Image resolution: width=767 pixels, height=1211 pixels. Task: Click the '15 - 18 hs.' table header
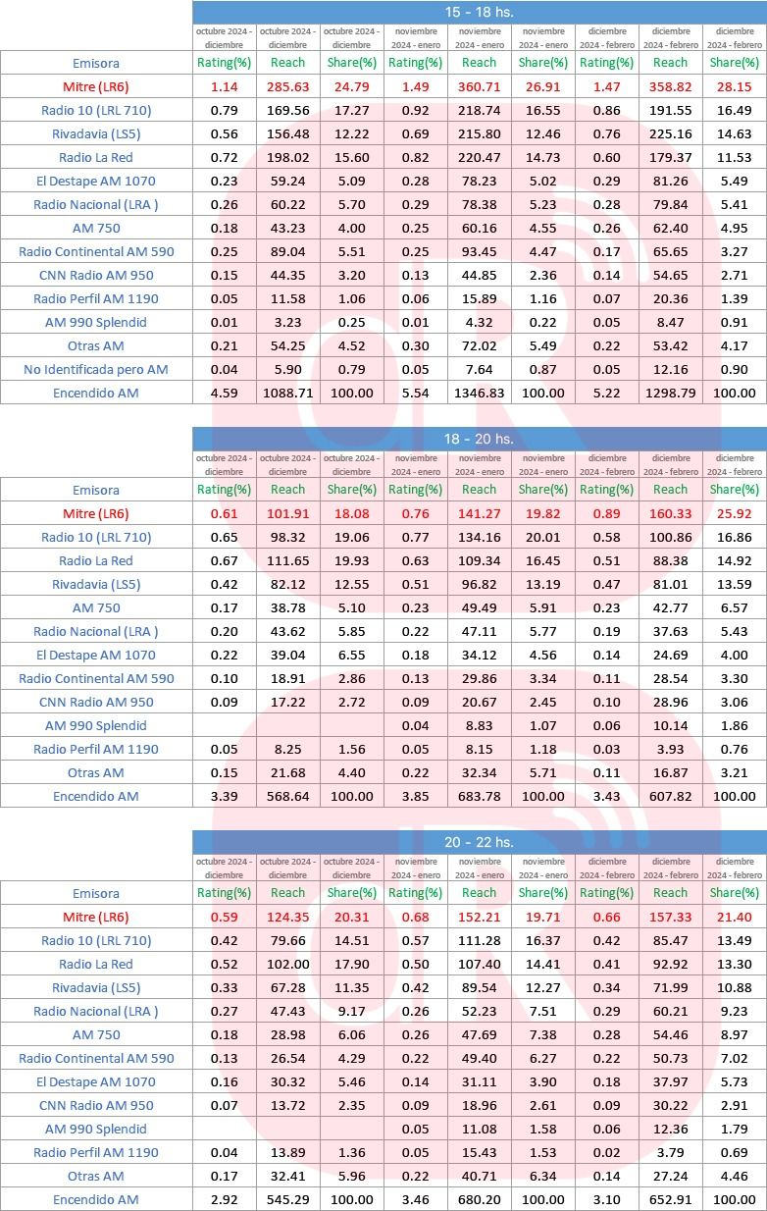pyautogui.click(x=479, y=13)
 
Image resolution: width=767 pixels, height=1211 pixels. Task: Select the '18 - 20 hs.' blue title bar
pyautogui.click(x=479, y=439)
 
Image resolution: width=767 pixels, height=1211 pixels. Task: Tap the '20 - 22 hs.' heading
pyautogui.click(x=479, y=842)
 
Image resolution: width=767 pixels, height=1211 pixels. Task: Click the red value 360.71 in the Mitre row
pyautogui.click(x=479, y=86)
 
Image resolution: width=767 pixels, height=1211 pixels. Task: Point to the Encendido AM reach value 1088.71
pyautogui.click(x=287, y=393)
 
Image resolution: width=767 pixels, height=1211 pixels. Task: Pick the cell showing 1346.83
pyautogui.click(x=479, y=393)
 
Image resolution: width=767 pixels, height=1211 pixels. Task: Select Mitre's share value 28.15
pyautogui.click(x=734, y=86)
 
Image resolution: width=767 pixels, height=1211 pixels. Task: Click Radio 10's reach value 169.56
pyautogui.click(x=287, y=110)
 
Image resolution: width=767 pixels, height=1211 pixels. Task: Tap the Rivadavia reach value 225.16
pyautogui.click(x=670, y=133)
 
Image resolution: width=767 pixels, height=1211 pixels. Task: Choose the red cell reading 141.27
pyautogui.click(x=479, y=513)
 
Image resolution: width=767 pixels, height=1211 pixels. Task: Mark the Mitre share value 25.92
pyautogui.click(x=734, y=513)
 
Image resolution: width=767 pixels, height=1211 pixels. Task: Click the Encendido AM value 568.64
pyautogui.click(x=287, y=796)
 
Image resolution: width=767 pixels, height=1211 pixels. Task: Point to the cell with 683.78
pyautogui.click(x=479, y=796)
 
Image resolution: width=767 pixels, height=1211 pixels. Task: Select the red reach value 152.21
pyautogui.click(x=479, y=917)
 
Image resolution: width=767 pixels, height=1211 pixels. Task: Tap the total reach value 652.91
pyautogui.click(x=670, y=1199)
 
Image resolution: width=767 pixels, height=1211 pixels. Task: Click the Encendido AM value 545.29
pyautogui.click(x=287, y=1199)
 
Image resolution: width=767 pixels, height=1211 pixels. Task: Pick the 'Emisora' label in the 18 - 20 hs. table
pyautogui.click(x=96, y=490)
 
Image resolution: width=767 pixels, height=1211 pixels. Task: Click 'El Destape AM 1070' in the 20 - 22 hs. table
pyautogui.click(x=96, y=1081)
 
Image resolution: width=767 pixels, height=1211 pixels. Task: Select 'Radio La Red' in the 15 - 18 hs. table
pyautogui.click(x=96, y=157)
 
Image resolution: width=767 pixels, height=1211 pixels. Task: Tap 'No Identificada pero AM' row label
pyautogui.click(x=96, y=369)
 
